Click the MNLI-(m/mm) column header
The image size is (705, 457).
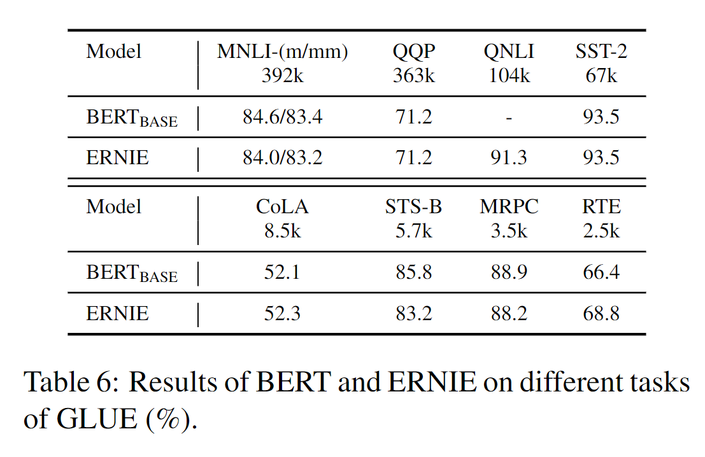pyautogui.click(x=282, y=51)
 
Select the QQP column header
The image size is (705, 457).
pyautogui.click(x=414, y=52)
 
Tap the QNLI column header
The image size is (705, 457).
pyautogui.click(x=509, y=52)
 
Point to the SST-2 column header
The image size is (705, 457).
pyautogui.click(x=601, y=51)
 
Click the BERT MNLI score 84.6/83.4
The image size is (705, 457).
pyautogui.click(x=282, y=117)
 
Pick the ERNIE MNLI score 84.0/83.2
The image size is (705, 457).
pyautogui.click(x=282, y=158)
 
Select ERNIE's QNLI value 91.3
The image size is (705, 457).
pyautogui.click(x=508, y=158)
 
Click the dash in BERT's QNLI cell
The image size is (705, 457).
pyautogui.click(x=508, y=118)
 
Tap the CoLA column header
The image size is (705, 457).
pyautogui.click(x=282, y=207)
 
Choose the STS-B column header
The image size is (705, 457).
pyautogui.click(x=413, y=207)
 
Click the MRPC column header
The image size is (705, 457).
pyautogui.click(x=509, y=207)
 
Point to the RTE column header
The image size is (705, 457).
pyautogui.click(x=601, y=207)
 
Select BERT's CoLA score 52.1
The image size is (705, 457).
pyautogui.click(x=282, y=272)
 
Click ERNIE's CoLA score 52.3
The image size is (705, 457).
pyautogui.click(x=282, y=314)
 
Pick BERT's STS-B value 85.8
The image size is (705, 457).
pyautogui.click(x=414, y=272)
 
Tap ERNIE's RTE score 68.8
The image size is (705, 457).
pyautogui.click(x=601, y=314)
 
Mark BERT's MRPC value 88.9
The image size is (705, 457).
pyautogui.click(x=509, y=272)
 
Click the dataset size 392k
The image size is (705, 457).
pyautogui.click(x=282, y=76)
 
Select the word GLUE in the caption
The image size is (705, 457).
pyautogui.click(x=96, y=419)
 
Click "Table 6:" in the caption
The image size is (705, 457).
pyautogui.click(x=72, y=382)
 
